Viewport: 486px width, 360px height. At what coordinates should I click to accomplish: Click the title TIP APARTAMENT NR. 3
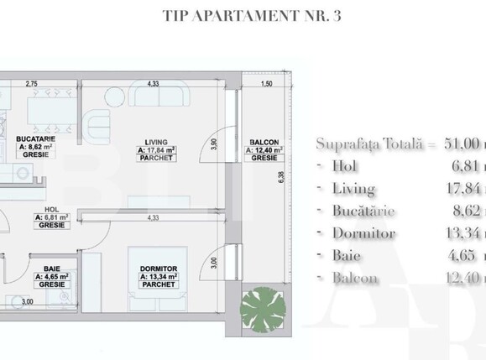click(x=243, y=16)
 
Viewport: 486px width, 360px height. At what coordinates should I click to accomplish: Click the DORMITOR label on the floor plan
click(x=158, y=270)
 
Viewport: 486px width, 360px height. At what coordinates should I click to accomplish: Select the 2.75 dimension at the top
click(x=33, y=84)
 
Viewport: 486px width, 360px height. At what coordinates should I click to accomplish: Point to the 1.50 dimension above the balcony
click(x=267, y=85)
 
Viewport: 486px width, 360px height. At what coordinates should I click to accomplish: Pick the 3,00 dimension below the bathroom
click(x=27, y=325)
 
